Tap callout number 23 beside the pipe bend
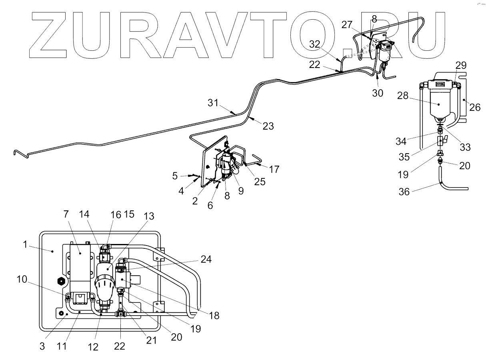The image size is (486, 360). [x=268, y=126]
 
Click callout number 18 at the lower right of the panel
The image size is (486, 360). [x=214, y=316]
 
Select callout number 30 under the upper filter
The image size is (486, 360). [x=377, y=93]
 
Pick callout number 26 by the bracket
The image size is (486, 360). [x=474, y=107]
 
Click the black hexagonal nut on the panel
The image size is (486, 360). [x=62, y=281]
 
